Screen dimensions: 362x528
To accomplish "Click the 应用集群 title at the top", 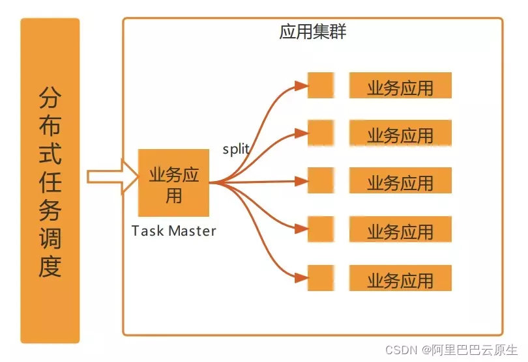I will click(313, 32).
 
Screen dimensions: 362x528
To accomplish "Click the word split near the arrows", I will click(236, 148).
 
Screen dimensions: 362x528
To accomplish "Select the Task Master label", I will click(173, 230).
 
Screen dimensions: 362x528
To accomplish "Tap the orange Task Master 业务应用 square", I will click(174, 183).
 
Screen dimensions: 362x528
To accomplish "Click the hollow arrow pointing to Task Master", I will click(111, 176).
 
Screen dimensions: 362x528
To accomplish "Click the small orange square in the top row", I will click(321, 86).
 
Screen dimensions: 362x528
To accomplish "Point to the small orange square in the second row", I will click(321, 133).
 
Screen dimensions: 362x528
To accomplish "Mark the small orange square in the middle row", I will click(321, 180).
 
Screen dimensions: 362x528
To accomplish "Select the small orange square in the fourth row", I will click(321, 229).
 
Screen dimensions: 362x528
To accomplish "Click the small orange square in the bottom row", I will click(321, 278).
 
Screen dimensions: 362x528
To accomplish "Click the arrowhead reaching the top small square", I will click(301, 85).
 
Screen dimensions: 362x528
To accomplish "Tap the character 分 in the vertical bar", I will click(50, 98).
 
